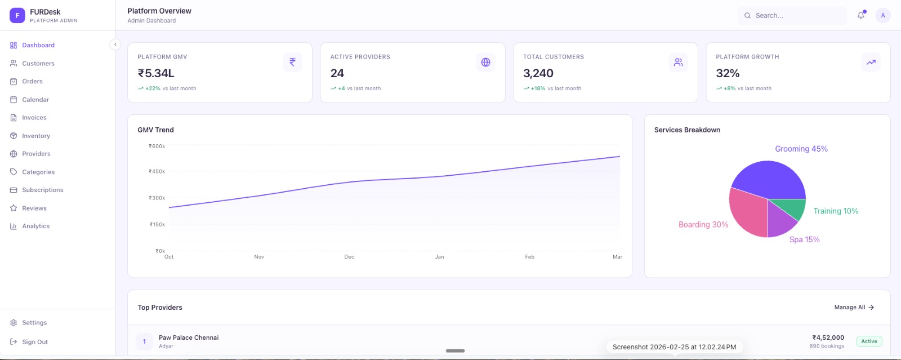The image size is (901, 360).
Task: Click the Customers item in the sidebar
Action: pos(38,64)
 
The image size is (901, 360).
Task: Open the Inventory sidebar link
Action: pos(35,136)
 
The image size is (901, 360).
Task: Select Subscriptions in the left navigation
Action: pos(42,190)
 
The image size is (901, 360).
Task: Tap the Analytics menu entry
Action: pos(35,226)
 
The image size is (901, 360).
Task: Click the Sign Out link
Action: pos(34,342)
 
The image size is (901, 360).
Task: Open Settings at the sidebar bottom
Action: pos(34,323)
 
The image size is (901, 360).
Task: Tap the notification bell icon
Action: pos(860,16)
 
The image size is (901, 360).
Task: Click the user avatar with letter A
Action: pos(882,16)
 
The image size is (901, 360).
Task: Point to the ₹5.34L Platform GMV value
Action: pos(156,73)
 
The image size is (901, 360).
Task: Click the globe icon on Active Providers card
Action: pos(485,63)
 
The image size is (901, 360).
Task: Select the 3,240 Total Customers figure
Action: pos(538,73)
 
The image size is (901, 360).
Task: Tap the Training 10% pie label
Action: pos(836,211)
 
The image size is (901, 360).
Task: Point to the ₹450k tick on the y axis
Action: pos(157,171)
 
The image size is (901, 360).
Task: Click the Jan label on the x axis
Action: pos(439,257)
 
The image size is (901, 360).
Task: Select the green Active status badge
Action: pos(869,341)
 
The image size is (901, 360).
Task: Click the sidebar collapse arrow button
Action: pos(115,45)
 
